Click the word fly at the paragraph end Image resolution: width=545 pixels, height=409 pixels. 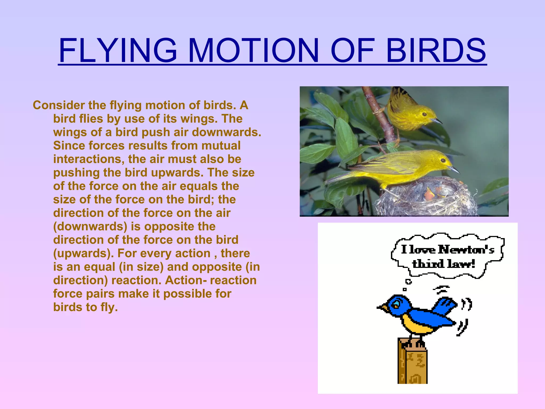(x=109, y=307)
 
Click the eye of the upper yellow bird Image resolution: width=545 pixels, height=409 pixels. (x=424, y=114)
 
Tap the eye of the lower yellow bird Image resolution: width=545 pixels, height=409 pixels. (x=443, y=160)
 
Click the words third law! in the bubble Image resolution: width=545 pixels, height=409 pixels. (x=444, y=264)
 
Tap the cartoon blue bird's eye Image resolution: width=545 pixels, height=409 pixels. (x=397, y=304)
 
